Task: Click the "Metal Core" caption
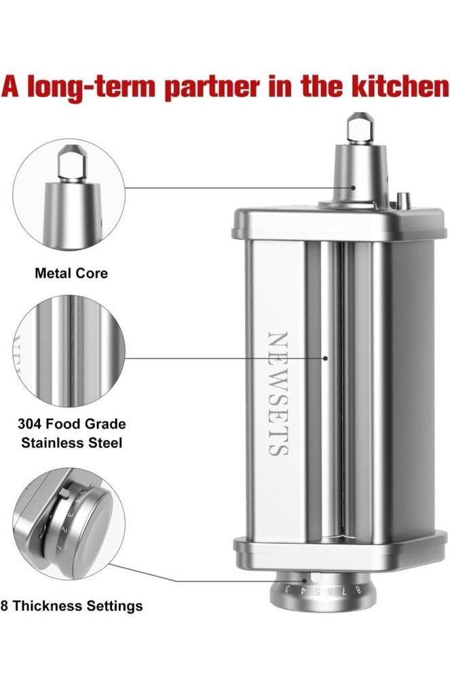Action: tap(71, 274)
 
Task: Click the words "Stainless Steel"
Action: tap(72, 443)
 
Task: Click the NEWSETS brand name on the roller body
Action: tap(278, 393)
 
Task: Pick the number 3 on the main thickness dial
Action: tap(288, 587)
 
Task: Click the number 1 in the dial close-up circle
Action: tap(59, 546)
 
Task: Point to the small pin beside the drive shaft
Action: tap(402, 200)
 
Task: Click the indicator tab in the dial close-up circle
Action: tap(62, 492)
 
